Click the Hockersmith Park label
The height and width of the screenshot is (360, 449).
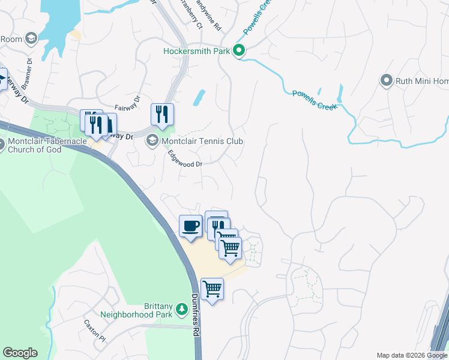pos(197,51)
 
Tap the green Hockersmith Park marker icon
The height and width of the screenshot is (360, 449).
pos(238,51)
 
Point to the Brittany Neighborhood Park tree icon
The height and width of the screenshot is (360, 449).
pos(182,310)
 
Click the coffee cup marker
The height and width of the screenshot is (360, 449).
pos(190,226)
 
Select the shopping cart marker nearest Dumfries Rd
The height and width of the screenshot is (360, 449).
pos(212,289)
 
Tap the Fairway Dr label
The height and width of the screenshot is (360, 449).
pos(127,103)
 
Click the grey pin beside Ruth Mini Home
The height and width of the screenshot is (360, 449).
pos(387,80)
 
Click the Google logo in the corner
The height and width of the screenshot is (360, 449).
pos(20,353)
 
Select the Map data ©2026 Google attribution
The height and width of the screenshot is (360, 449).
pos(412,355)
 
